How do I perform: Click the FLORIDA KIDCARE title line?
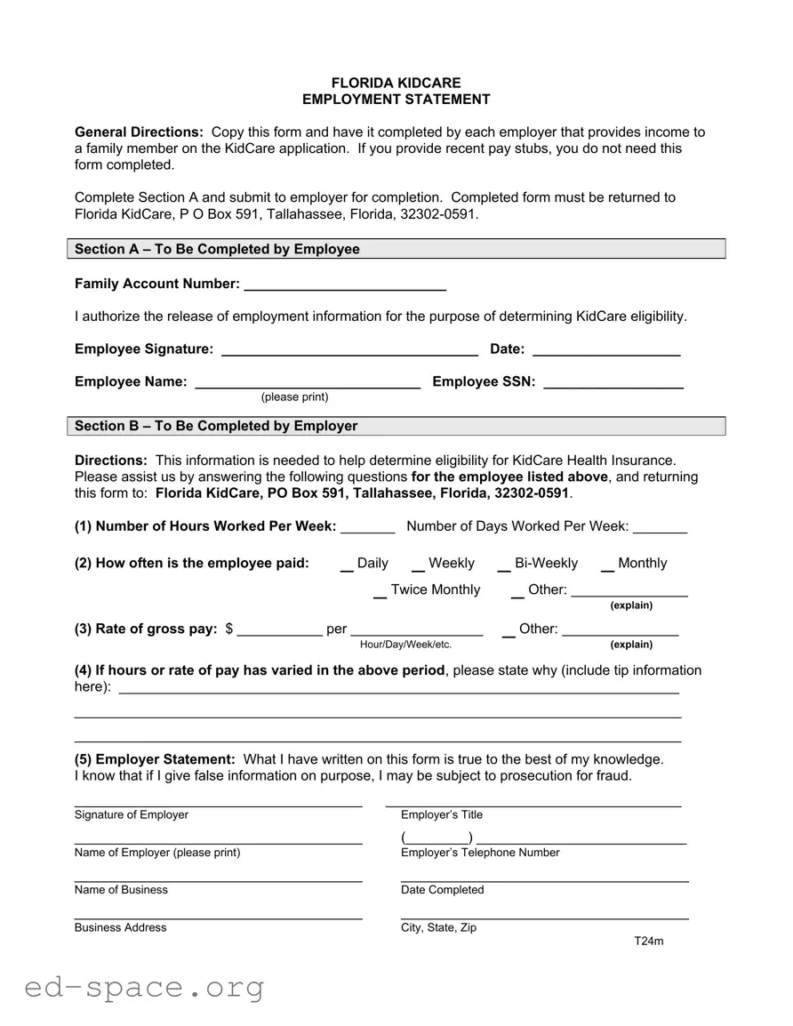coord(396,83)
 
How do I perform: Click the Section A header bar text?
coord(217,249)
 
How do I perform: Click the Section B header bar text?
coord(216,426)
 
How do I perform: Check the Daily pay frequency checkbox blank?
coord(347,566)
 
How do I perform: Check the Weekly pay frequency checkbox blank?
coord(417,566)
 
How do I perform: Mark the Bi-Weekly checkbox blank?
coord(503,566)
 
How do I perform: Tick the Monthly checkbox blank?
coord(606,566)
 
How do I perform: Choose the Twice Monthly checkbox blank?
coord(380,593)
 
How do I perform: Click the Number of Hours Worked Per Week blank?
coord(367,528)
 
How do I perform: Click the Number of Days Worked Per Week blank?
coord(660,528)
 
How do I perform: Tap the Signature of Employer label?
coord(132,814)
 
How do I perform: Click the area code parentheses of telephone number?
coord(437,838)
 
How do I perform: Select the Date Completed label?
coord(442,890)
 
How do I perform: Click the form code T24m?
coord(648,942)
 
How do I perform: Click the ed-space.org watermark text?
coord(145,987)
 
